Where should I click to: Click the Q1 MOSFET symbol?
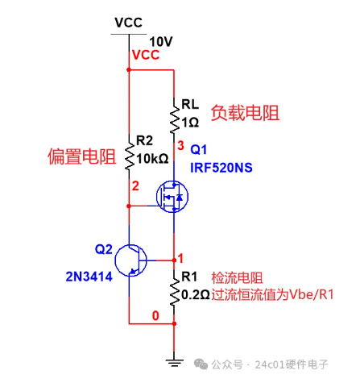(x=172, y=197)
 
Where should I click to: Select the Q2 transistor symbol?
(x=130, y=260)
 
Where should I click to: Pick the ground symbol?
(x=174, y=364)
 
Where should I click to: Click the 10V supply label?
(x=161, y=42)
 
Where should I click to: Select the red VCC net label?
(x=146, y=55)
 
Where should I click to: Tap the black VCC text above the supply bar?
(x=129, y=23)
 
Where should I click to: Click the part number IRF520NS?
(x=221, y=168)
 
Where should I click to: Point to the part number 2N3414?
(x=89, y=277)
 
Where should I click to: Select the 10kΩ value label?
(x=152, y=159)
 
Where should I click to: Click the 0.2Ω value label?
(x=196, y=295)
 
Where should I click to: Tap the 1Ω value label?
(x=190, y=123)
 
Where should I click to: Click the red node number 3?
(x=180, y=146)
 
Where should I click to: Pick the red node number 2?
(x=135, y=186)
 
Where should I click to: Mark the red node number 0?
(x=155, y=315)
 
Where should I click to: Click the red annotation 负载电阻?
(x=245, y=113)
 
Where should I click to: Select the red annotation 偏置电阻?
(x=82, y=156)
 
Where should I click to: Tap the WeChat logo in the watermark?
(x=201, y=364)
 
